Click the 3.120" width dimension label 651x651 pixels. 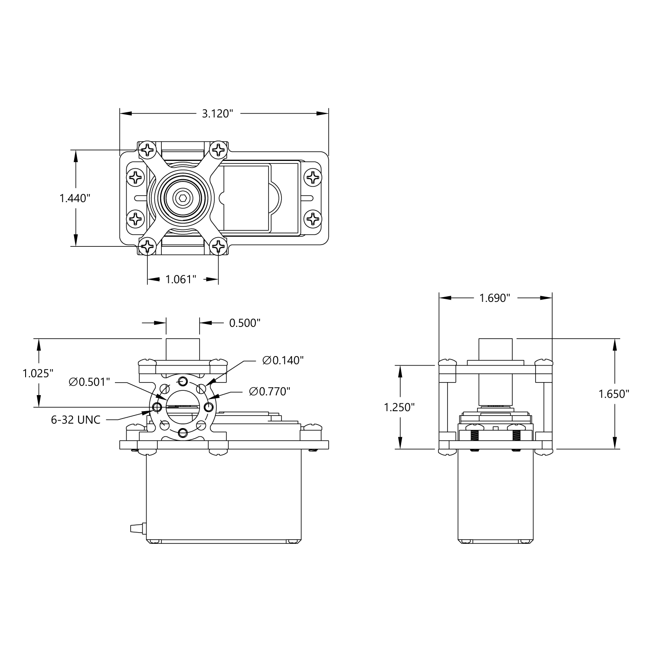point(217,114)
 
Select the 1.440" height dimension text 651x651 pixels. point(75,198)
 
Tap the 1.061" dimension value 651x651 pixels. point(181,279)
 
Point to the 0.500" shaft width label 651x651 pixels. point(245,323)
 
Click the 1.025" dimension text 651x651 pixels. point(38,373)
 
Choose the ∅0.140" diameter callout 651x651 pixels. point(283,360)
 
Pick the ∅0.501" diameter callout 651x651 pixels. point(89,382)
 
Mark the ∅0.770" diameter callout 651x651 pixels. point(269,392)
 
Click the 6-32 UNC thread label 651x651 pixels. point(76,420)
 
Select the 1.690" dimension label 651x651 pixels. point(494,298)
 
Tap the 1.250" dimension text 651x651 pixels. point(399,407)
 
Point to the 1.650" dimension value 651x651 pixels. point(614,394)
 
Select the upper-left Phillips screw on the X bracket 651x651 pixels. point(147,150)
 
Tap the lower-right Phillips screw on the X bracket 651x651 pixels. point(218,247)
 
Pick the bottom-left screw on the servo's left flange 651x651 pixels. point(136,218)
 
